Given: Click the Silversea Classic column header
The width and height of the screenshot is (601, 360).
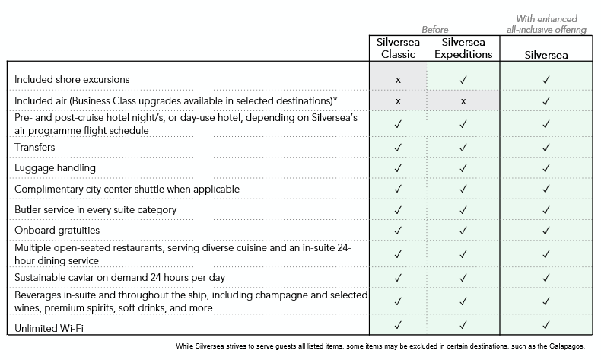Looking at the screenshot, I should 398,48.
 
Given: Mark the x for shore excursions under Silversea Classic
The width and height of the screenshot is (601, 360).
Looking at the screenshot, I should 398,79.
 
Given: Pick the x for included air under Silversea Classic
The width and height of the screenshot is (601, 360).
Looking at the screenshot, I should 398,100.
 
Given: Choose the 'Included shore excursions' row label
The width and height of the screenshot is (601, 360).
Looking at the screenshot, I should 72,79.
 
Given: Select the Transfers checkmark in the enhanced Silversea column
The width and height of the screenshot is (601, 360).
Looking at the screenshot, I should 545,146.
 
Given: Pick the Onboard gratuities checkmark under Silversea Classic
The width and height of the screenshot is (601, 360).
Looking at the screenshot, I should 398,230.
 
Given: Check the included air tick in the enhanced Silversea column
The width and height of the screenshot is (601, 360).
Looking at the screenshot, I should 545,100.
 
